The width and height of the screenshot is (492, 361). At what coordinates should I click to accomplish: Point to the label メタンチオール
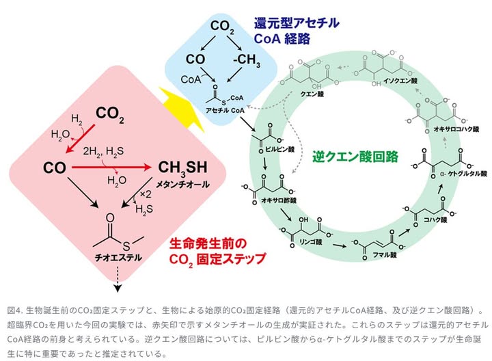point(184,184)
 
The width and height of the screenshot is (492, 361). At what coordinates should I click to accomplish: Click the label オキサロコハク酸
point(454,128)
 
